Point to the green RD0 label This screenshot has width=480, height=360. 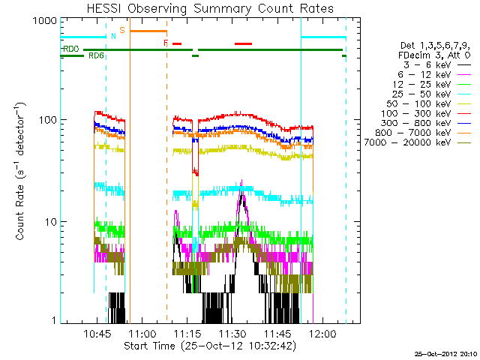tap(71, 49)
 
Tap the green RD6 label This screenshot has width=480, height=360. tap(96, 56)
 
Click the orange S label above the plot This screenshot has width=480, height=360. tap(121, 29)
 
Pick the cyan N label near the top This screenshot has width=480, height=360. tap(113, 35)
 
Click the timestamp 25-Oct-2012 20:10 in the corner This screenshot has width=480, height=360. tap(447, 353)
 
